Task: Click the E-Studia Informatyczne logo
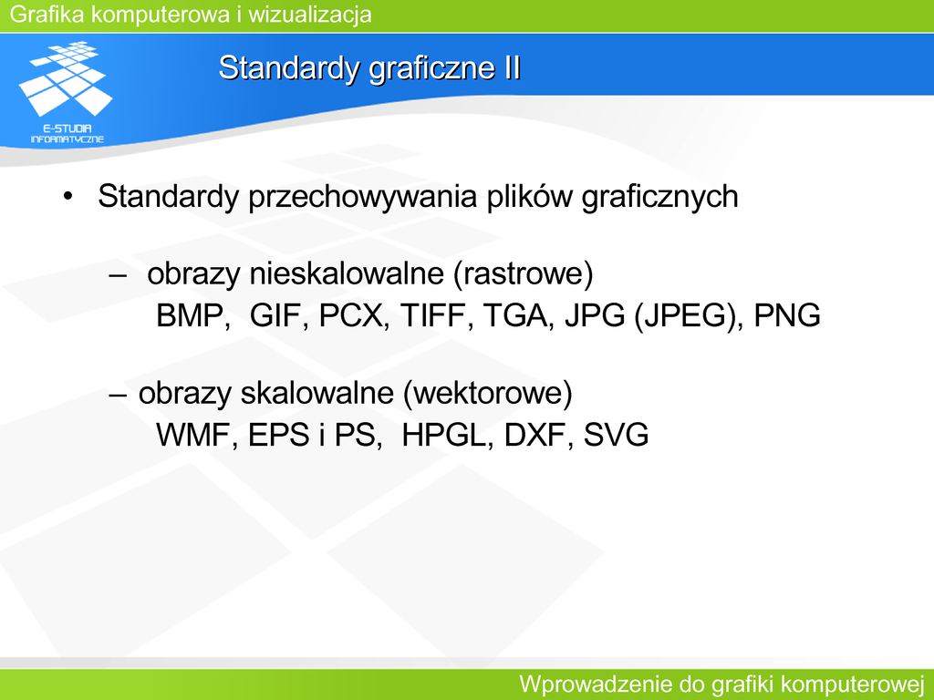click(x=66, y=92)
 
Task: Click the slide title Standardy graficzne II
click(x=369, y=68)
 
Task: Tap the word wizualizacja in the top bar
click(x=310, y=15)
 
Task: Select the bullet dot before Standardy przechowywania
click(x=67, y=196)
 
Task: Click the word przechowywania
click(x=362, y=198)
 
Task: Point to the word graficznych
click(x=659, y=198)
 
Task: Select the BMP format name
click(x=190, y=315)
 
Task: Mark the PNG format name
click(x=787, y=315)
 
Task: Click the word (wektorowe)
click(x=488, y=394)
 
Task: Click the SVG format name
click(x=616, y=435)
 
